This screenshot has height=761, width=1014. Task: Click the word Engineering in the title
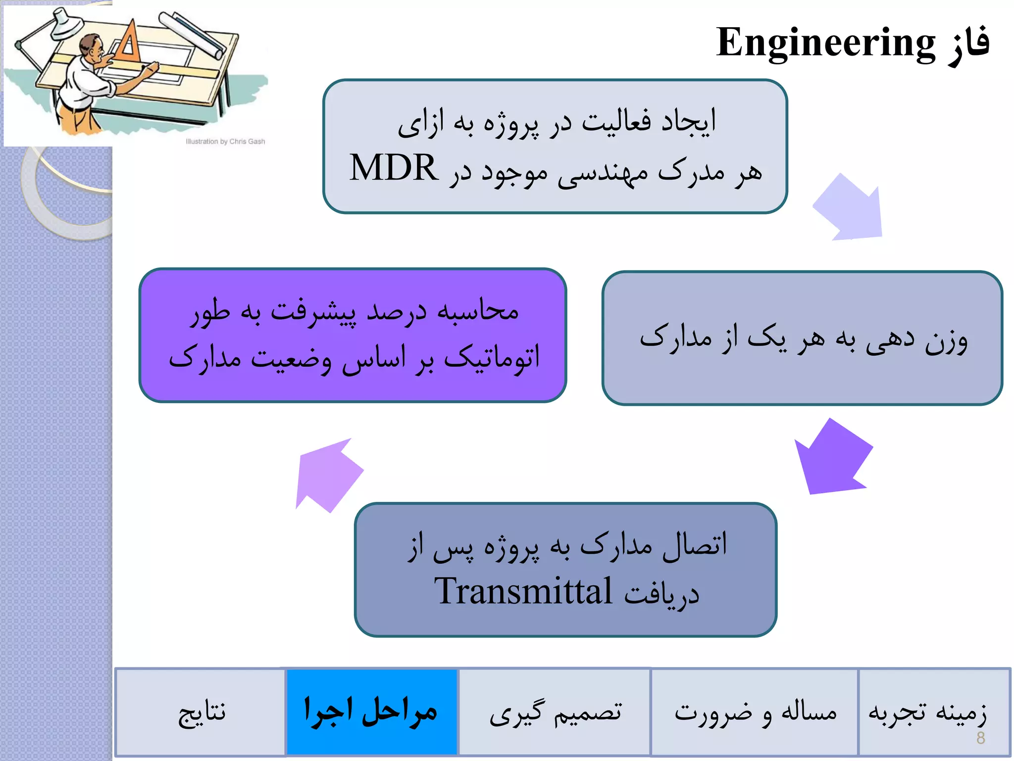[x=825, y=44]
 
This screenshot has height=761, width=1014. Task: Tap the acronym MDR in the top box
[x=394, y=168]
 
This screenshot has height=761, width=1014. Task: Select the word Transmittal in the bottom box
[x=523, y=591]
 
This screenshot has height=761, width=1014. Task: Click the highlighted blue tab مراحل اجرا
[x=371, y=711]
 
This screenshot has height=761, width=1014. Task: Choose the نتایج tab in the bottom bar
[x=201, y=712]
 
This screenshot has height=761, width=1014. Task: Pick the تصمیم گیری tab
[x=555, y=712]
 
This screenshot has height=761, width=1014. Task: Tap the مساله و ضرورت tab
[x=755, y=712]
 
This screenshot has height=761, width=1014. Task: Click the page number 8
[x=980, y=738]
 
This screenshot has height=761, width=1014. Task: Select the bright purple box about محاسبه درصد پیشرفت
[x=353, y=335]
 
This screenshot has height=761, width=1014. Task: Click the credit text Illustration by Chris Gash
[x=225, y=141]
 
